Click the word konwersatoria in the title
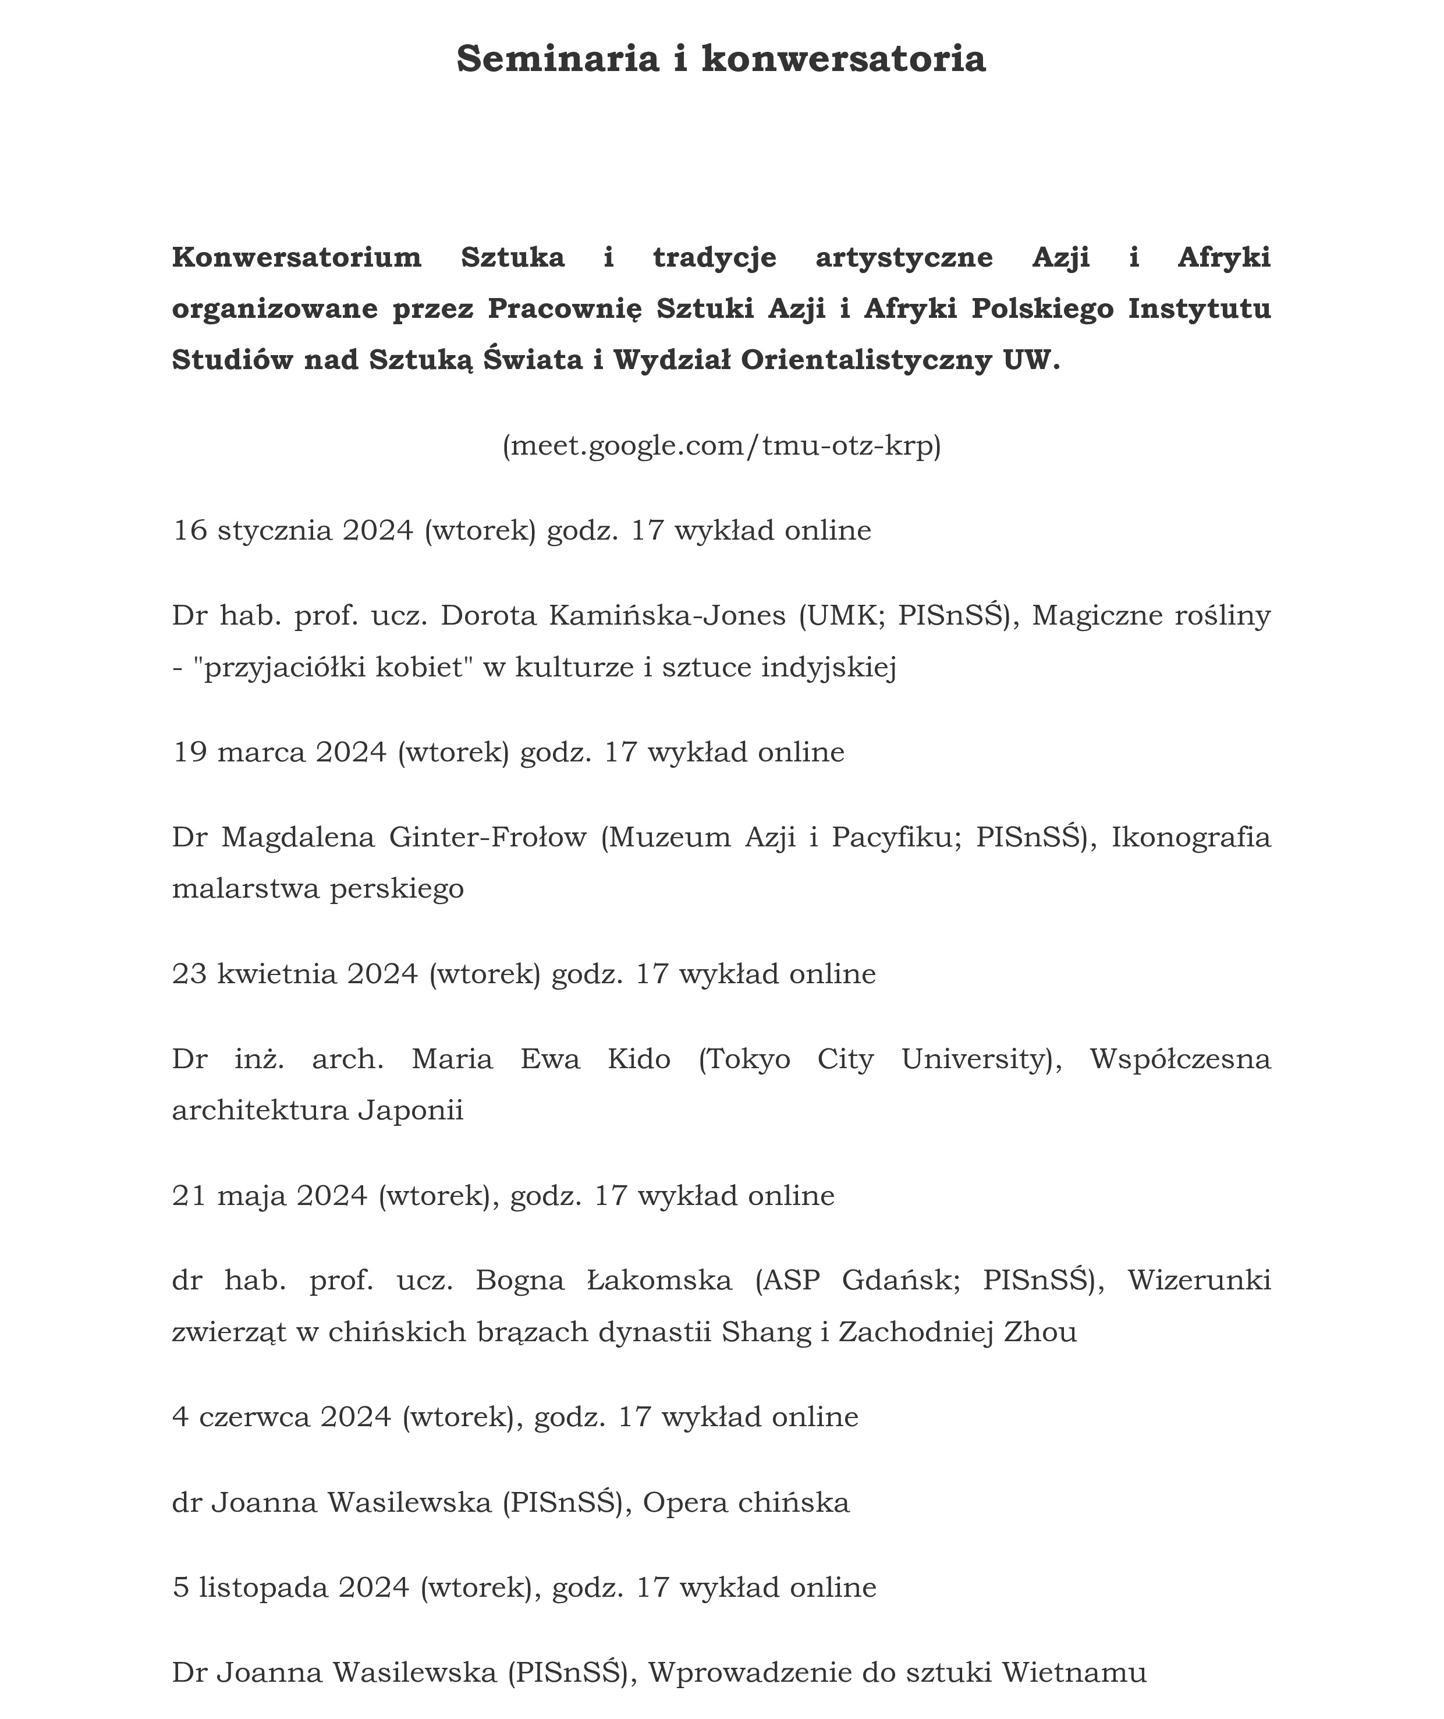(843, 59)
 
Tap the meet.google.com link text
(721, 445)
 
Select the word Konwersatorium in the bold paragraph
(296, 257)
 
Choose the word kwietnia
(276, 974)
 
